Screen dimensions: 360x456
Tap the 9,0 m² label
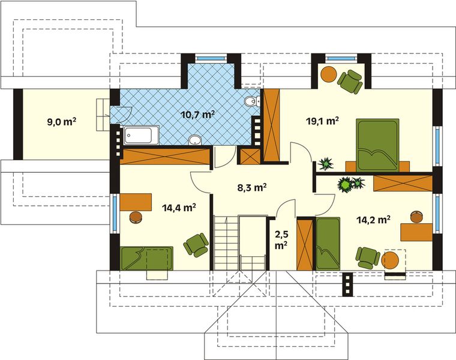coord(61,122)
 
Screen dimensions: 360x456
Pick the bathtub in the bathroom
coord(142,136)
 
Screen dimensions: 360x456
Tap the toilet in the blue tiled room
coord(252,101)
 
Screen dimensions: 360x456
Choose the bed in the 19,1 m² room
coord(377,145)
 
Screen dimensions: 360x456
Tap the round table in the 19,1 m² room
coord(328,74)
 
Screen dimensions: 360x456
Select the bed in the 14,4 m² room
coord(146,259)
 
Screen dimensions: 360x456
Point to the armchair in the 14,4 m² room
coord(196,244)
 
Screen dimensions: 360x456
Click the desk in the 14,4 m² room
coord(136,202)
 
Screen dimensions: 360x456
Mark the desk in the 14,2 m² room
coord(416,230)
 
